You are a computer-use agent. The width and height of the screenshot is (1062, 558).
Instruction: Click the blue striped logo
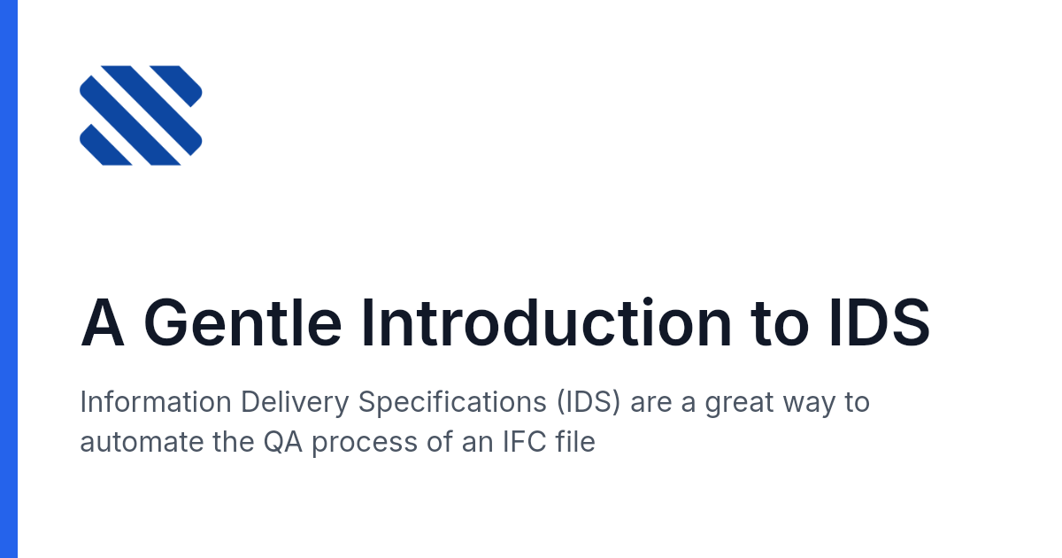pos(141,115)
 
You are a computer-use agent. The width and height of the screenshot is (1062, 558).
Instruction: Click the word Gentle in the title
pos(242,322)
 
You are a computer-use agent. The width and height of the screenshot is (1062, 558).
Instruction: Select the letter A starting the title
pos(103,322)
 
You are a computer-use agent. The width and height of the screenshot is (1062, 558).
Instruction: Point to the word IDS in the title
pos(880,322)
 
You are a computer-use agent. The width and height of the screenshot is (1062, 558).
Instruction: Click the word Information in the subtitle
pos(156,402)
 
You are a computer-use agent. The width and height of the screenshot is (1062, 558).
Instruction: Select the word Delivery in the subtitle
pos(295,403)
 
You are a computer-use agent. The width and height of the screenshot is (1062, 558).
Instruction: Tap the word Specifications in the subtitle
pos(452,403)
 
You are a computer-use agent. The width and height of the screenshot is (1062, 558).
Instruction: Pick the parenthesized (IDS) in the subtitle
pos(589,402)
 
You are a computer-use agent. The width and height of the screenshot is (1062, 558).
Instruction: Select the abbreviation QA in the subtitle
pos(283,442)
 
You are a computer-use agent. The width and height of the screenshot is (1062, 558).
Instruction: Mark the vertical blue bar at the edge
pos(9,279)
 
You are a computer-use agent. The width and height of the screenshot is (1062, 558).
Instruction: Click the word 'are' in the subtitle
pos(651,403)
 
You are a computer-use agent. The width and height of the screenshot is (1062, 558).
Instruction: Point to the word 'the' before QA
pos(233,442)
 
